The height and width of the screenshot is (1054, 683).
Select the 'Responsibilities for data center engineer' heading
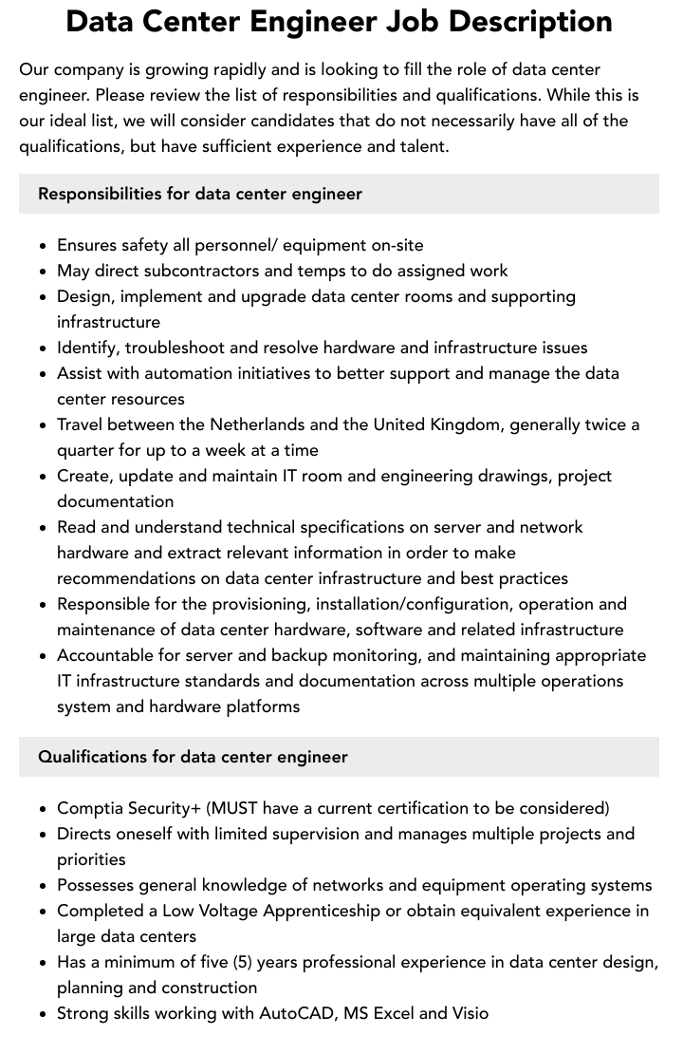[x=200, y=194]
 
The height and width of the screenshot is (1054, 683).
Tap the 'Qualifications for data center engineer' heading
[x=193, y=757]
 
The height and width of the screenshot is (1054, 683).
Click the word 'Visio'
[x=467, y=1013]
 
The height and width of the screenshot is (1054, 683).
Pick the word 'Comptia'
[x=87, y=808]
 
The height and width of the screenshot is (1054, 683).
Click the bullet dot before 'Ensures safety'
[x=44, y=246]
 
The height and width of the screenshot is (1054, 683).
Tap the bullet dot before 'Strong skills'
[x=44, y=1014]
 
